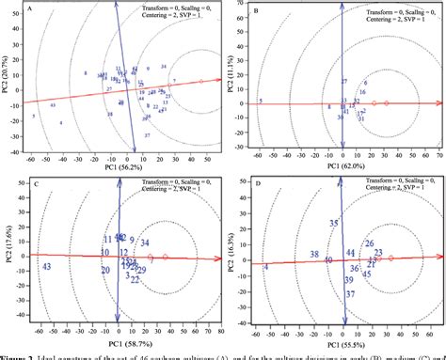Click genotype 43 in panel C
point(45,242)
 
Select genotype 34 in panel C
point(144,216)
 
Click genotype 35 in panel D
point(332,196)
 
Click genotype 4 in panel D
point(266,242)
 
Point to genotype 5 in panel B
point(260,101)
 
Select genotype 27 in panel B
point(344,82)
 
